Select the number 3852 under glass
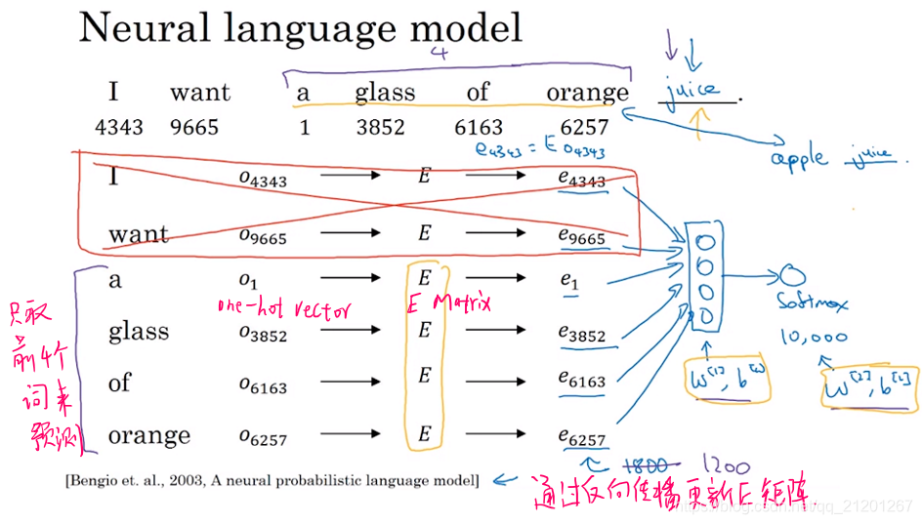point(384,128)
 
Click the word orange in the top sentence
point(587,94)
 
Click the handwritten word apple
point(799,158)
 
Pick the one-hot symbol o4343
point(263,178)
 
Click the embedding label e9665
point(581,235)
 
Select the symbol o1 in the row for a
point(247,281)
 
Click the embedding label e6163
point(581,380)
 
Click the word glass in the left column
point(139,332)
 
